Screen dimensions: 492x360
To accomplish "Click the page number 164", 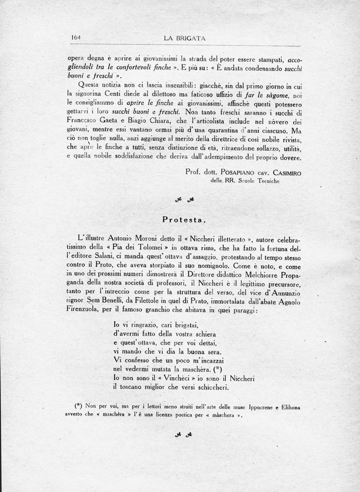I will tap(76, 38).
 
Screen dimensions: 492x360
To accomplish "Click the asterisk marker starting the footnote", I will tap(78, 405).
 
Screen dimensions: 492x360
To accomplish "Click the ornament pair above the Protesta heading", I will tap(184, 199).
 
